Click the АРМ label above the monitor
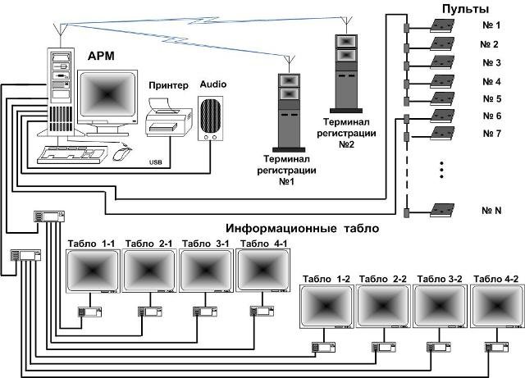coord(102,57)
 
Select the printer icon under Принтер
coord(168,116)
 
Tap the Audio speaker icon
coord(211,118)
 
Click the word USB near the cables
coord(156,162)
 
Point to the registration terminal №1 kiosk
coord(287,107)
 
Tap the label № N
coord(492,211)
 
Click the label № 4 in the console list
coord(492,81)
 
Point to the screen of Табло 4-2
coord(496,309)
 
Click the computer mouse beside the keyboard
coord(121,153)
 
